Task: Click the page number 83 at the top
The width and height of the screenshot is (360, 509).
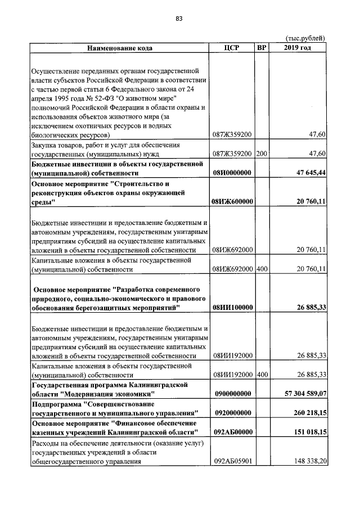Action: point(179,19)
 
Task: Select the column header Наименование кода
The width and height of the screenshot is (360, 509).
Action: point(119,48)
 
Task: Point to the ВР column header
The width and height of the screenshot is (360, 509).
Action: point(261,48)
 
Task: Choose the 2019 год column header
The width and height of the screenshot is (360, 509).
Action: point(298,48)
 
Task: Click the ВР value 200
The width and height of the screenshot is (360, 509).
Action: point(261,154)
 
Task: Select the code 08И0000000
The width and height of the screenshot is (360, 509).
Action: point(232,173)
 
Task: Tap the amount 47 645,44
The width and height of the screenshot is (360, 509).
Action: point(307,173)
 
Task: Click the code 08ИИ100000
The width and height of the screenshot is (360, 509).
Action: point(232,307)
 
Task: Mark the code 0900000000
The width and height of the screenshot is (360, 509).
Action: point(232,394)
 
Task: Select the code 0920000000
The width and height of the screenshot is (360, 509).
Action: point(232,413)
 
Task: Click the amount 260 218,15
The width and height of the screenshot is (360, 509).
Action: point(307,413)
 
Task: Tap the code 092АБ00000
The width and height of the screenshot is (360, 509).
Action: point(232,432)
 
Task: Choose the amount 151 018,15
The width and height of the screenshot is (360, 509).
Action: point(307,432)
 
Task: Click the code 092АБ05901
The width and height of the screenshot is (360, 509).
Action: point(232,461)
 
